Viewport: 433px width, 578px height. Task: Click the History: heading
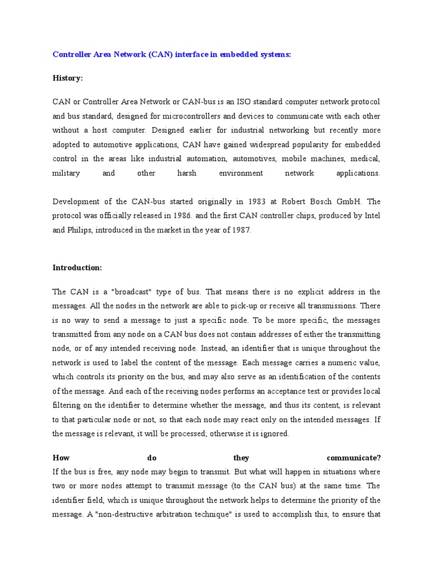[x=68, y=78]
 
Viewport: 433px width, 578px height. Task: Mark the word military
[x=66, y=173]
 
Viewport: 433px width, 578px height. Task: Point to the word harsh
[x=187, y=173]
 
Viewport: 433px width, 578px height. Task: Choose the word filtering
[x=68, y=405]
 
